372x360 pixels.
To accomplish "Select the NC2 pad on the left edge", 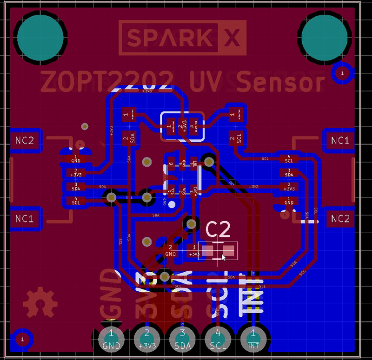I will [x=25, y=141].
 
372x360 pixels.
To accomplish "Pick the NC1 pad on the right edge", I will [x=340, y=140].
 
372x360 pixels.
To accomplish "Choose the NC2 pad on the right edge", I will [x=340, y=219].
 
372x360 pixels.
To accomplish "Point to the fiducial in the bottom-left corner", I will [x=21, y=339].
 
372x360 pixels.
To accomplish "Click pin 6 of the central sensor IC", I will [x=172, y=163].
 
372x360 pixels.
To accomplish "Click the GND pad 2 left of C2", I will [x=171, y=250].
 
